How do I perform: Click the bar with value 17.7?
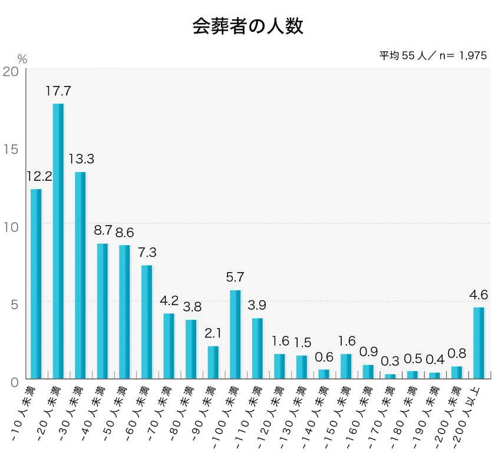click(58, 241)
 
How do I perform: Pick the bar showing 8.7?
click(103, 311)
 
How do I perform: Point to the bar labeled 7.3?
click(147, 322)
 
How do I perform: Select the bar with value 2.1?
click(213, 362)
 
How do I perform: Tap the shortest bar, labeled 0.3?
click(390, 376)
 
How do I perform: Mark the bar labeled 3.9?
click(258, 348)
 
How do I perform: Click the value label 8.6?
click(124, 232)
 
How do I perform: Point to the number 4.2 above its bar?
click(169, 300)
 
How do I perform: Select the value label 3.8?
click(191, 307)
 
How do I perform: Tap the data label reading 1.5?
click(302, 343)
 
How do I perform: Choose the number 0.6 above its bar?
click(324, 357)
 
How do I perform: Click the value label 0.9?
click(368, 352)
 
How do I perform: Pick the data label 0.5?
click(412, 359)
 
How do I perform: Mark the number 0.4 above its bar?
click(434, 360)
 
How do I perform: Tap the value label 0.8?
click(457, 353)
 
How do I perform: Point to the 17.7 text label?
click(58, 91)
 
